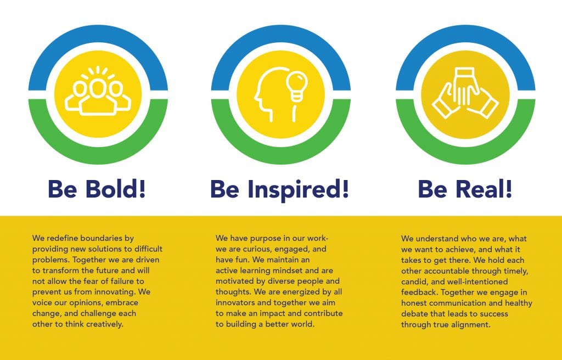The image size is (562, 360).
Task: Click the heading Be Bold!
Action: click(97, 189)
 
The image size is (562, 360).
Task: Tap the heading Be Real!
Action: click(465, 189)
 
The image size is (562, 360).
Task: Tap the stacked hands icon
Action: click(465, 93)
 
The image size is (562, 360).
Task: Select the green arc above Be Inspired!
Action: click(280, 154)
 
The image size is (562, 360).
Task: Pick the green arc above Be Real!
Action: click(465, 154)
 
